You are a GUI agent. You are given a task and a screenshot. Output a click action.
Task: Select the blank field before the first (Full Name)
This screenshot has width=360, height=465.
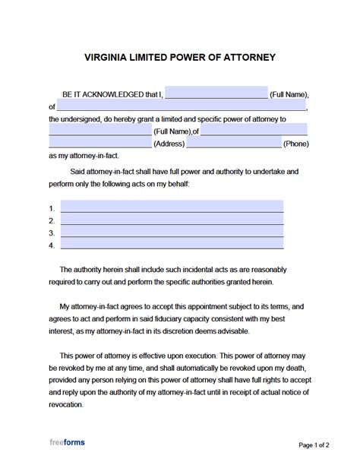click(x=216, y=94)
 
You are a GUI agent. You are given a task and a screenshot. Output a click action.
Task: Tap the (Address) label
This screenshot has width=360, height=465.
click(x=172, y=143)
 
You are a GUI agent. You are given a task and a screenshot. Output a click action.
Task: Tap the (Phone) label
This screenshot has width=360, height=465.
click(x=295, y=143)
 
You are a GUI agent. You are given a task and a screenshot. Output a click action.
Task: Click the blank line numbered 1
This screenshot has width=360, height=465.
click(x=172, y=207)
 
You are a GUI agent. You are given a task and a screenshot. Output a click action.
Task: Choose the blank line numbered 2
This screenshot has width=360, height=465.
click(x=172, y=220)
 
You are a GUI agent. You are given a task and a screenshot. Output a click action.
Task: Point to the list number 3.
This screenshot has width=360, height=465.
click(x=52, y=233)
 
